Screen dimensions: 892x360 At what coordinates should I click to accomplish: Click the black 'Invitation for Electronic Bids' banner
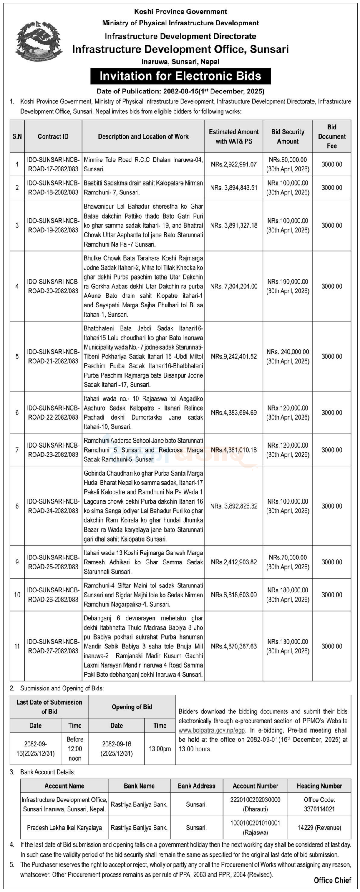tap(180, 76)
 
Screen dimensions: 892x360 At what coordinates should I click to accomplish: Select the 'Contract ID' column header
tap(53, 136)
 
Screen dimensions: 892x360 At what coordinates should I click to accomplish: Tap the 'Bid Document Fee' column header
tap(332, 136)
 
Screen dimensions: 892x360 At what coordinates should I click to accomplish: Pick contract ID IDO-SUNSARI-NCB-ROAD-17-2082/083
tap(53, 164)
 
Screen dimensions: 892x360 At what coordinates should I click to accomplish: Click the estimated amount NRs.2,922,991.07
tap(234, 164)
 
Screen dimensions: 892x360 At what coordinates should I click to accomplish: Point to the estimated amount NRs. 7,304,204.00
tap(234, 286)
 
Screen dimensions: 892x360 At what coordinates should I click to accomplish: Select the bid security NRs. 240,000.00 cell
tap(288, 356)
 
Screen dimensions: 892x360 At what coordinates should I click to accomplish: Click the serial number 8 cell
tap(17, 506)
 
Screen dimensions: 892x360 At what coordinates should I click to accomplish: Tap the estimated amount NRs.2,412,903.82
tap(234, 562)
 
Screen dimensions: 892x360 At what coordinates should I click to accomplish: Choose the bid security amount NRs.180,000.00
tap(288, 595)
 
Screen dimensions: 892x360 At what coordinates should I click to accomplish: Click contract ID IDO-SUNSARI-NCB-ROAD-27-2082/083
tap(53, 646)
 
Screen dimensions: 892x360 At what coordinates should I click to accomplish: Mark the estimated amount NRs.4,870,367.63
tap(234, 646)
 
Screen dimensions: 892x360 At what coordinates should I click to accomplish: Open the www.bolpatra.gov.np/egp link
tap(211, 730)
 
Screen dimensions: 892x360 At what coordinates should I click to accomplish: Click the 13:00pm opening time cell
tap(160, 749)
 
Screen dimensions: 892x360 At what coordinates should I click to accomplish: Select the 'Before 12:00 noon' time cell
tap(75, 749)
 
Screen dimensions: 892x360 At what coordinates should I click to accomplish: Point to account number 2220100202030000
tap(255, 804)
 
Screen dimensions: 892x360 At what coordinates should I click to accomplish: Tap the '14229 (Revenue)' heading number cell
tap(319, 828)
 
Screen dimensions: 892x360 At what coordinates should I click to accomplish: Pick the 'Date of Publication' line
tap(180, 91)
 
